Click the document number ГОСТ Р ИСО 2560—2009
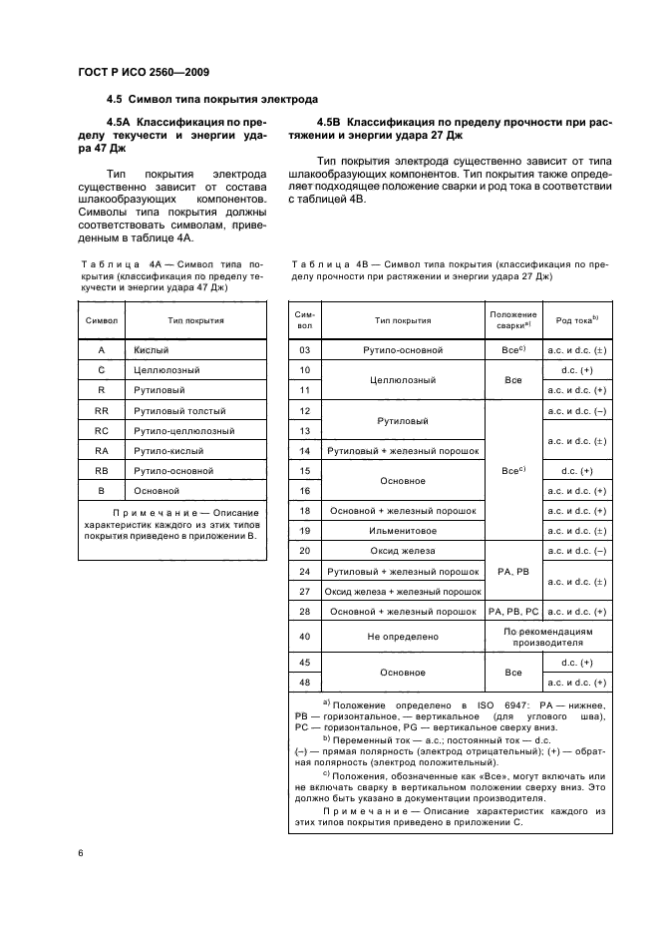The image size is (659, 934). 142,72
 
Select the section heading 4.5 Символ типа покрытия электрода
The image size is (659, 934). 212,100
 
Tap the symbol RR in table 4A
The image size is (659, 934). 101,410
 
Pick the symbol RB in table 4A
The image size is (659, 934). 101,471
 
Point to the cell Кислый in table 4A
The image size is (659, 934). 152,350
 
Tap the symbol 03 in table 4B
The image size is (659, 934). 305,350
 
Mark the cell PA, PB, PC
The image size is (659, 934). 513,611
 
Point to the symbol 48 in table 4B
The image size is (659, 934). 305,682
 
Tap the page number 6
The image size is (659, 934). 80,852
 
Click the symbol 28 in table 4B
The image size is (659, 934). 305,611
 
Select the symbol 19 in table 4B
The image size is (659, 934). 305,530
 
